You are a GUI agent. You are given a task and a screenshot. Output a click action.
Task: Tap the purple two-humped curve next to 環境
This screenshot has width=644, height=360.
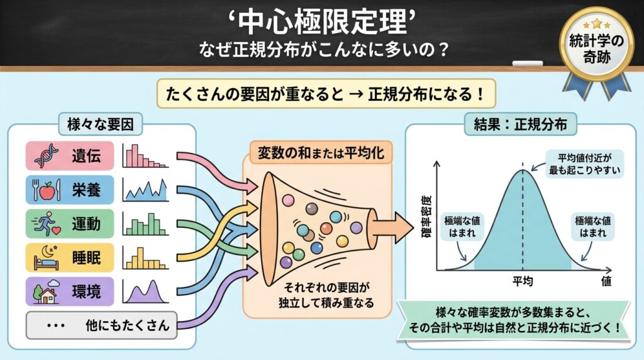coord(145,291)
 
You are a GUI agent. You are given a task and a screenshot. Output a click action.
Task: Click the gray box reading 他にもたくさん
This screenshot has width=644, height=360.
coord(101,325)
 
